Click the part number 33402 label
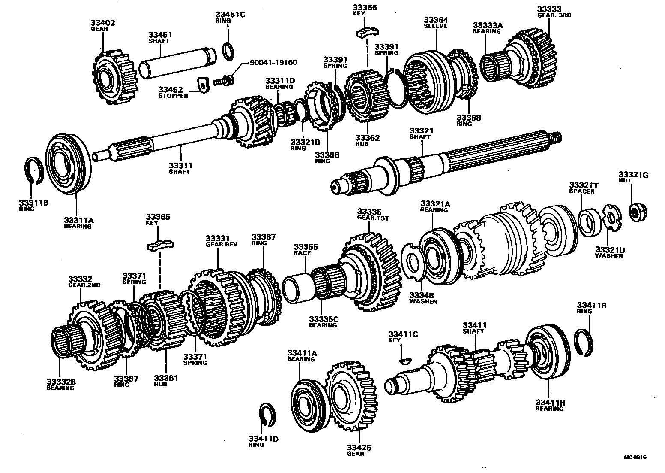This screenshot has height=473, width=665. pyautogui.click(x=103, y=23)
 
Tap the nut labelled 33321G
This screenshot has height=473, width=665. pyautogui.click(x=638, y=211)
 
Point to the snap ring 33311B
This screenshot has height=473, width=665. pyautogui.click(x=33, y=171)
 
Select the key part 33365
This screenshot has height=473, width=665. pyautogui.click(x=160, y=245)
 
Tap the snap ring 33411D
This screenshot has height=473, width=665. pyautogui.click(x=269, y=415)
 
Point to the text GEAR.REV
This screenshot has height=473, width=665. pyautogui.click(x=222, y=244)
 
